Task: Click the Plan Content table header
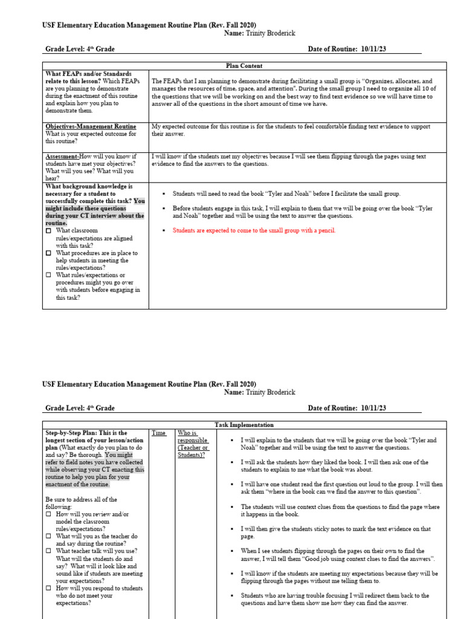244,66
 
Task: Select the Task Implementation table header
244,425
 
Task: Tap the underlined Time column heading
158,433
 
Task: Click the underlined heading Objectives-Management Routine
91,126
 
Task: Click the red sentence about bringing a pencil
254,230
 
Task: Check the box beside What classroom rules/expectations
49,231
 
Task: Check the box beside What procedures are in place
49,253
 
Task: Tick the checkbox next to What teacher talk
49,551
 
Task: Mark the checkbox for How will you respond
49,588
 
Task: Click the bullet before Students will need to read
164,193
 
